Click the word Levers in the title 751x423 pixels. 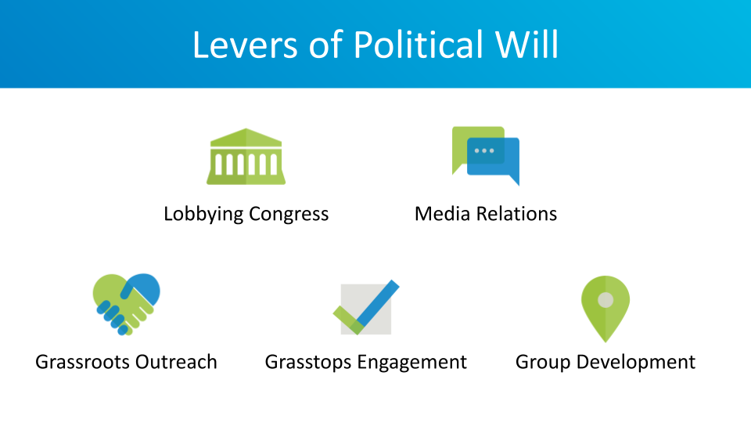pos(245,45)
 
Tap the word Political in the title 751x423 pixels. pos(419,45)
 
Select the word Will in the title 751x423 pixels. pos(526,45)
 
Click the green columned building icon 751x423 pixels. pos(246,157)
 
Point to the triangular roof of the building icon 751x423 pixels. pos(246,137)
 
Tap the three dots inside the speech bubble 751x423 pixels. pos(484,150)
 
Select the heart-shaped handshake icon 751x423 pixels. pos(127,304)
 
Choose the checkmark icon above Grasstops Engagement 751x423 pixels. pos(366,307)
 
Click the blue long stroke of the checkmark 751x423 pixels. pos(378,303)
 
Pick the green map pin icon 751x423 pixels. pos(605,309)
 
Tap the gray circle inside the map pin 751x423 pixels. pos(605,300)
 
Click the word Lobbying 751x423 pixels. pos(203,214)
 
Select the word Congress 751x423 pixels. pos(289,215)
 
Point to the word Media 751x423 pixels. pos(443,214)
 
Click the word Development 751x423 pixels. pos(636,363)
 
